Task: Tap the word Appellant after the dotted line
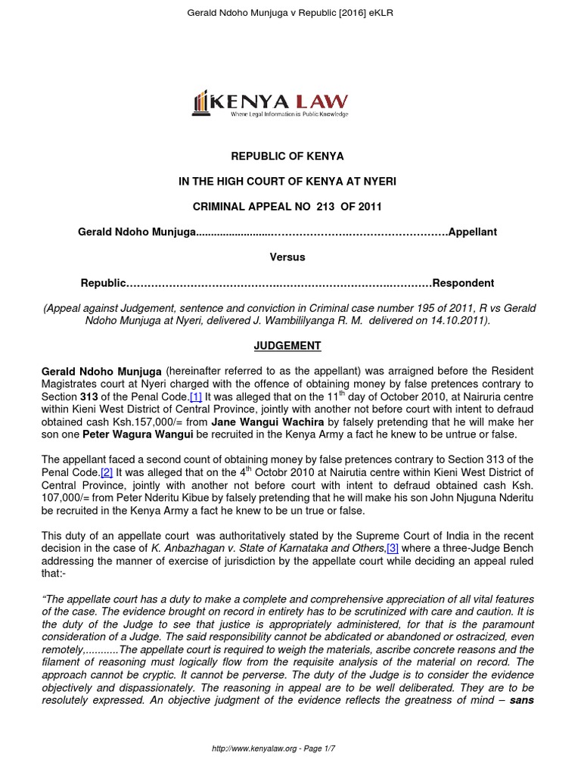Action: pos(473,232)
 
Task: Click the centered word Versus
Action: pos(287,257)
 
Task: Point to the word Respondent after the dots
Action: pos(463,283)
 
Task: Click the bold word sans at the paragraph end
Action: pos(522,700)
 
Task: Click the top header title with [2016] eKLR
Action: pos(290,13)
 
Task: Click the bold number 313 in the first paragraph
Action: pos(92,397)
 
